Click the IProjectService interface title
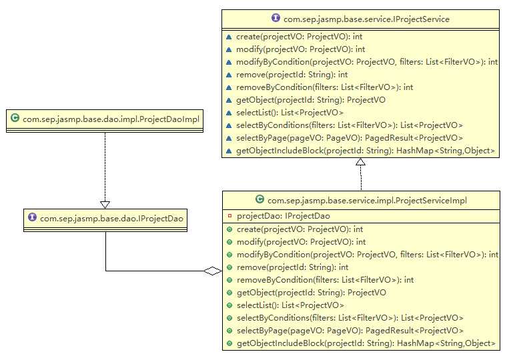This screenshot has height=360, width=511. click(366, 19)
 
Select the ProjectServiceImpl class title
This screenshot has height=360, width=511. click(367, 199)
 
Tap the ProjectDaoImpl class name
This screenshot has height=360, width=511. click(111, 119)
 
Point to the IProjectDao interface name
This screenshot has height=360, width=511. click(111, 217)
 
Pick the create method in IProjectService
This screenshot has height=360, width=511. click(299, 37)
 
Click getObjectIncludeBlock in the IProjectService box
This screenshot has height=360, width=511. click(366, 151)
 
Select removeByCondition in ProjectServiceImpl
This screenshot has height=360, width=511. click(324, 280)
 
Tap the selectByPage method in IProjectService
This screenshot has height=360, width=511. click(349, 138)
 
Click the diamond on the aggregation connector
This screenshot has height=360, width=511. click(212, 271)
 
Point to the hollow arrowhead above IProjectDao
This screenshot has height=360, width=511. click(105, 204)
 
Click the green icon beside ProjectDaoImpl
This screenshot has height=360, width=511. click(15, 119)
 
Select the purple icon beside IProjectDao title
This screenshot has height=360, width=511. click(32, 217)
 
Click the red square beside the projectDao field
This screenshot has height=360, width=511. click(229, 216)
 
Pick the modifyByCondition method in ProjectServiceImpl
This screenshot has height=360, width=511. click(367, 254)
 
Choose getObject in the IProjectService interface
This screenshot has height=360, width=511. click(310, 100)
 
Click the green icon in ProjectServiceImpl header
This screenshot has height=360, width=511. click(259, 199)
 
